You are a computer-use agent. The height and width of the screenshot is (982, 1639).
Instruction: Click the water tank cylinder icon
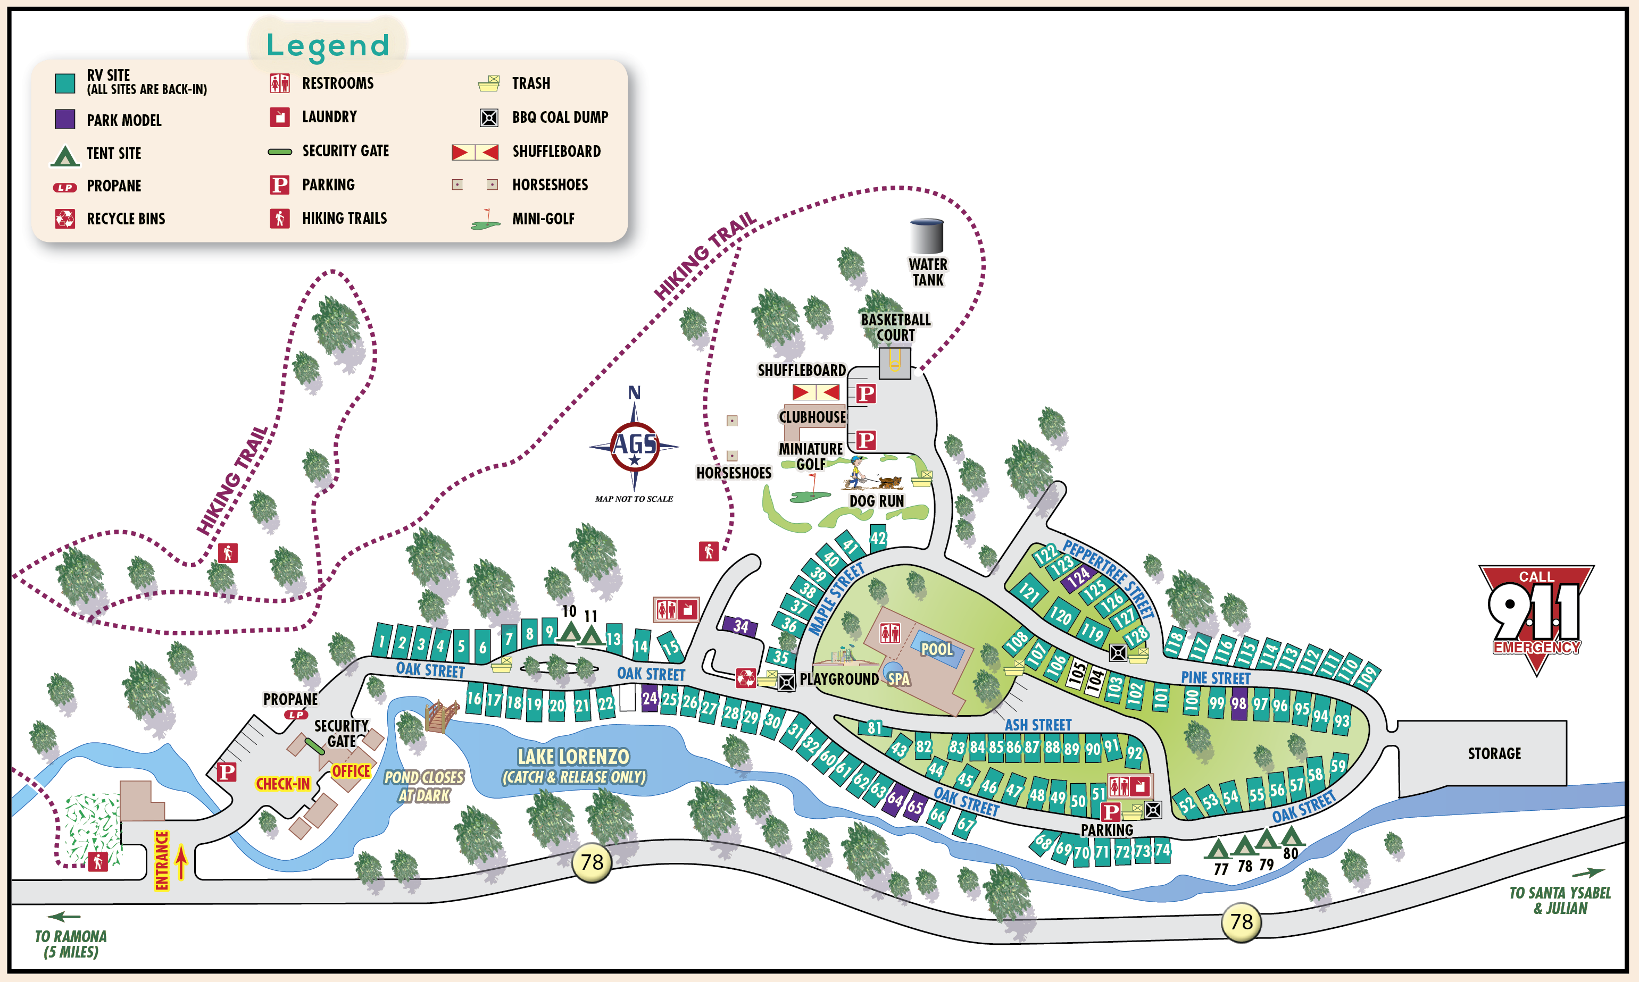point(926,236)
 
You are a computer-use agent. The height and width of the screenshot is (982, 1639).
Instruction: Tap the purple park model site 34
point(739,625)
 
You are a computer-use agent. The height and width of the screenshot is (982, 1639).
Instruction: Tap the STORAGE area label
point(1494,753)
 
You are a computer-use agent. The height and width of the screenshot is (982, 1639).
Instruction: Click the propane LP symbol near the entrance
point(296,715)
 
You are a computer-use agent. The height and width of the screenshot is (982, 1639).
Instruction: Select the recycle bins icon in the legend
point(65,219)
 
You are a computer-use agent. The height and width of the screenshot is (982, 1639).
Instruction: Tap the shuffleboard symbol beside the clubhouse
point(816,392)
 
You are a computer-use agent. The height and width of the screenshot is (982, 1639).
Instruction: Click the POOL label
point(936,649)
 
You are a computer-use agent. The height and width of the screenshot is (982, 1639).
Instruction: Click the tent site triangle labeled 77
point(1217,849)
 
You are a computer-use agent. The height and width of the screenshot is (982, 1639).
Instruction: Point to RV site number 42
point(878,538)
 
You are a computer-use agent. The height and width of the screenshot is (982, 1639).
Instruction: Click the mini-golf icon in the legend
point(486,220)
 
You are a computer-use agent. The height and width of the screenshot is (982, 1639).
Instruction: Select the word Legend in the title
point(328,45)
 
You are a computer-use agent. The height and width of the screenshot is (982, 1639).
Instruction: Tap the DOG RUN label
point(877,501)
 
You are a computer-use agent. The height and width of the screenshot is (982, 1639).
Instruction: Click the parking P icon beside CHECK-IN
point(227,771)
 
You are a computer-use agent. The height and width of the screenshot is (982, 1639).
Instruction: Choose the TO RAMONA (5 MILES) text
point(71,944)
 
